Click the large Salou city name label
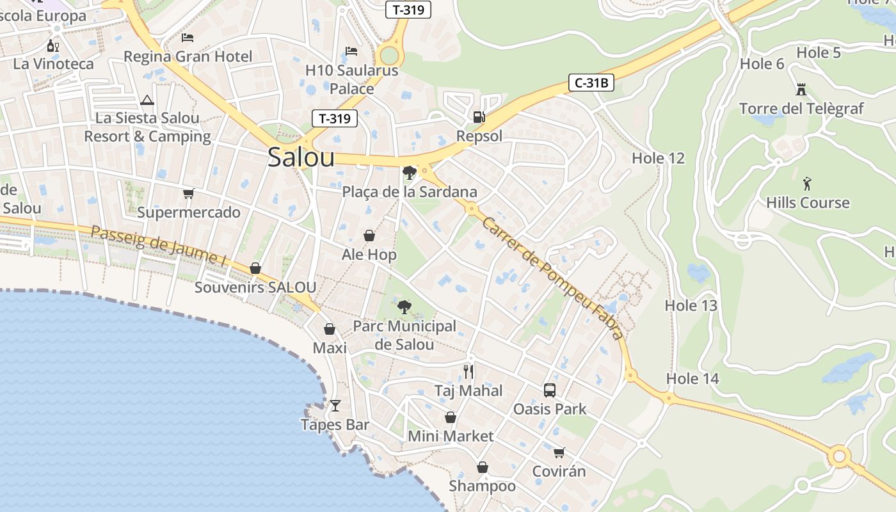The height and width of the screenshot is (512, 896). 301,157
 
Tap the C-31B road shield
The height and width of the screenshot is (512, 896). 591,82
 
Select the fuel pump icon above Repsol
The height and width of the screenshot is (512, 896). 479,116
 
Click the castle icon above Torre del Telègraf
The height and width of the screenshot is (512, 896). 801,89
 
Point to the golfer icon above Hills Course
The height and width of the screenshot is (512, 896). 807,184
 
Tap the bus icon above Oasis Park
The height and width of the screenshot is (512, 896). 549,390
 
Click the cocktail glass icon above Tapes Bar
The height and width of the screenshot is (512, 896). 335,405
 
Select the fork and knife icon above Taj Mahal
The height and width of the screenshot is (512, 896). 468,371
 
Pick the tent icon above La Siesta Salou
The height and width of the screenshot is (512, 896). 147,100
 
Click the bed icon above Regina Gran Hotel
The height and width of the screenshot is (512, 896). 188,38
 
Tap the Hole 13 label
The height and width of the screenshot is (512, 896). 691,305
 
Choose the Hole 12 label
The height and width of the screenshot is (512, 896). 658,158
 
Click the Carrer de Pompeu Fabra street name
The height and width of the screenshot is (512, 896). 552,278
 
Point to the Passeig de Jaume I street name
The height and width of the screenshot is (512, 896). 159,245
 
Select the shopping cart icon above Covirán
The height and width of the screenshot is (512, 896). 559,452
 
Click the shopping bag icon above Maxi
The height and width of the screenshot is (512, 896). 330,329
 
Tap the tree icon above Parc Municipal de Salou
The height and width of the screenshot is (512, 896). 404,307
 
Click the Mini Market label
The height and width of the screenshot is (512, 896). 451,436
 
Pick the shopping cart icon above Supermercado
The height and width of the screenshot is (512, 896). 188,193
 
